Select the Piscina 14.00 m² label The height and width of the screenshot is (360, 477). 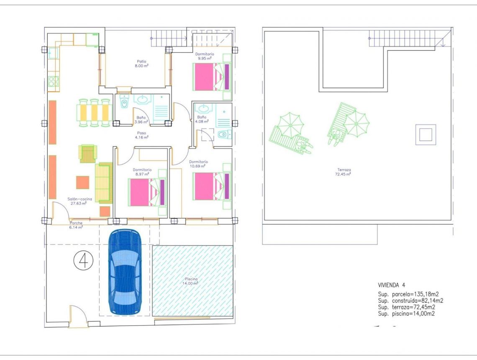click(x=190, y=281)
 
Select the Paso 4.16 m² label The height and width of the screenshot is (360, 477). click(x=141, y=135)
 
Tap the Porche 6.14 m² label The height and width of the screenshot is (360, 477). click(x=76, y=225)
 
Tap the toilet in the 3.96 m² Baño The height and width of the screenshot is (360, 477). click(x=123, y=102)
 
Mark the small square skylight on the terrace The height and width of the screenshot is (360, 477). click(x=426, y=135)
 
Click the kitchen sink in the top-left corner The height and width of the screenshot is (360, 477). click(x=54, y=53)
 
